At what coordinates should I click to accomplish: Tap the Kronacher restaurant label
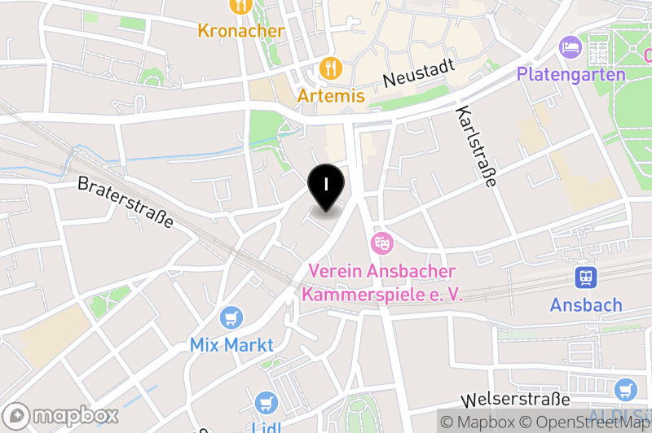coord(241,31)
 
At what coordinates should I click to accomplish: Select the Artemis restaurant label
coord(331,95)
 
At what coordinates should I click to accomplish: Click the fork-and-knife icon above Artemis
coord(331,68)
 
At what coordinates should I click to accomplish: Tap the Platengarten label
coord(570,74)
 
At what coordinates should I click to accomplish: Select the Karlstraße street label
coord(477,147)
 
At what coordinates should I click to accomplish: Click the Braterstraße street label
coord(126,202)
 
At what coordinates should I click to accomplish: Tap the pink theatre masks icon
coord(381,243)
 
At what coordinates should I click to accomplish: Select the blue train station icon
coord(586,278)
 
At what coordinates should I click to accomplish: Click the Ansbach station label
coord(586,305)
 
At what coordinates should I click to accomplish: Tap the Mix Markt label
coord(232,344)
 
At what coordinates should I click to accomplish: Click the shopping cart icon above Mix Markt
coord(232,317)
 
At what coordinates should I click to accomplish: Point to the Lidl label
coord(266,427)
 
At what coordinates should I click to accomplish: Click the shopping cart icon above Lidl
coord(266,402)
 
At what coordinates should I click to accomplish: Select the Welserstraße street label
coord(515,400)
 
